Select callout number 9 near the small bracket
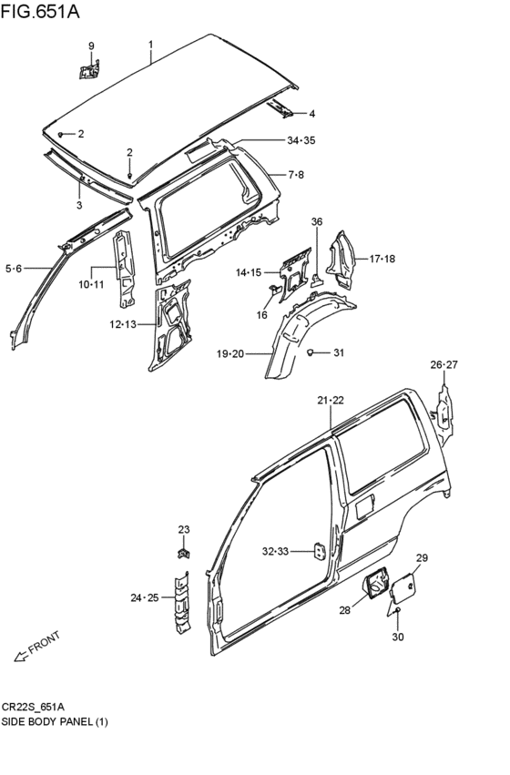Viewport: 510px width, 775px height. point(91,46)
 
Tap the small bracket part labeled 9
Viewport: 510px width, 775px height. point(90,68)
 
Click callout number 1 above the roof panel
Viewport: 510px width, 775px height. point(151,44)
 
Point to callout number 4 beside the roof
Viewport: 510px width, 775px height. point(311,114)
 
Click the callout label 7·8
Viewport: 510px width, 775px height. point(296,175)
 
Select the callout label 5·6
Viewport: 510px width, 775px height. point(14,268)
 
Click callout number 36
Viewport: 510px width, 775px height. point(316,221)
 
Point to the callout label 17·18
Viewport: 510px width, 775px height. point(382,260)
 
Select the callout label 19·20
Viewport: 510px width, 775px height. point(229,353)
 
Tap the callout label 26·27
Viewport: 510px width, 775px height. point(444,365)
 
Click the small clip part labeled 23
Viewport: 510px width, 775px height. point(183,552)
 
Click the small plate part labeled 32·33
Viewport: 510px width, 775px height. point(320,552)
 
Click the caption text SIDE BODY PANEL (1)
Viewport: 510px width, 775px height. point(56,721)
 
